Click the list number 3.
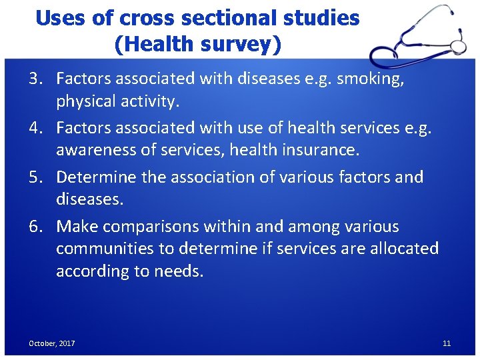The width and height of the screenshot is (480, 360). click(35, 79)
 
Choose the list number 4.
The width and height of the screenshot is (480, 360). click(35, 128)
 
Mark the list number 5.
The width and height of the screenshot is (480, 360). click(35, 177)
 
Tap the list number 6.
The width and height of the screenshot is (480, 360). click(35, 227)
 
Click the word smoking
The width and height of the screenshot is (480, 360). click(371, 79)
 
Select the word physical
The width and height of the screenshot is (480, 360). click(86, 101)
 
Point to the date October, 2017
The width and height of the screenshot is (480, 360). click(51, 343)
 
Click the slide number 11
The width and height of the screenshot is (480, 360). click(447, 343)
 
